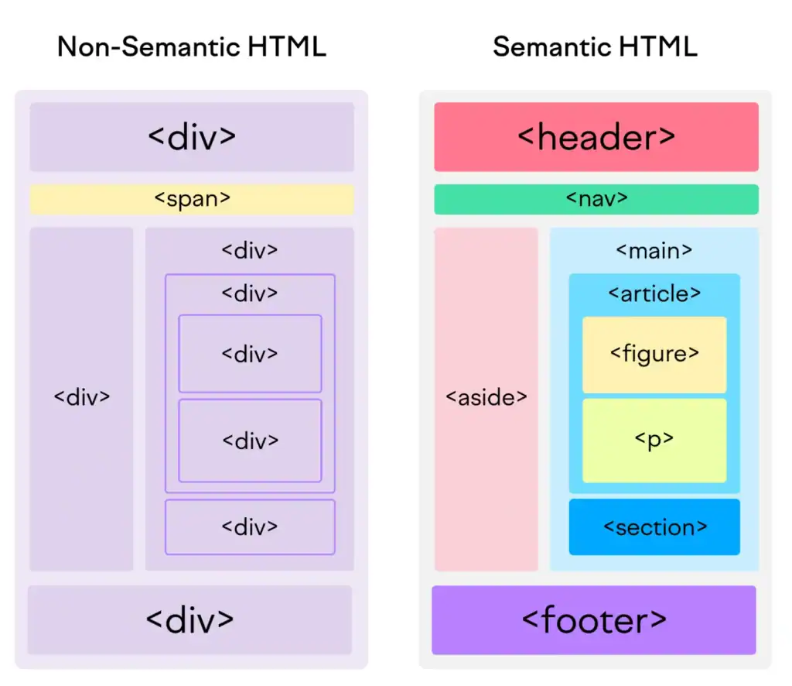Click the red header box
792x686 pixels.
[x=596, y=137]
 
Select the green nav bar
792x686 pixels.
[x=596, y=199]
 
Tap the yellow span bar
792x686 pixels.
[x=192, y=199]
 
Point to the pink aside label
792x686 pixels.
[x=486, y=398]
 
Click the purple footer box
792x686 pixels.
[x=593, y=620]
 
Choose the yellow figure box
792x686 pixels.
[x=654, y=355]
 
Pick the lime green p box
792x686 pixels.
[x=654, y=440]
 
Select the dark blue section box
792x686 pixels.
[x=654, y=527]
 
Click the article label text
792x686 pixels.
[x=654, y=294]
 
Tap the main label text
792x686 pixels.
[x=654, y=251]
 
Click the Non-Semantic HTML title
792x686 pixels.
[x=192, y=47]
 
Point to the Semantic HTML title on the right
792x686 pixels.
[x=595, y=47]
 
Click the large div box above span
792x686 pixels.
[x=192, y=137]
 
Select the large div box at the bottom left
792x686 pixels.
[x=189, y=619]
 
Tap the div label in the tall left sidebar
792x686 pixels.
[x=82, y=398]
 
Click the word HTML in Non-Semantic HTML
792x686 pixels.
[x=288, y=47]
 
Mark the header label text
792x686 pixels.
[x=596, y=138]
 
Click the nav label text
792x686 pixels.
[x=596, y=199]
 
